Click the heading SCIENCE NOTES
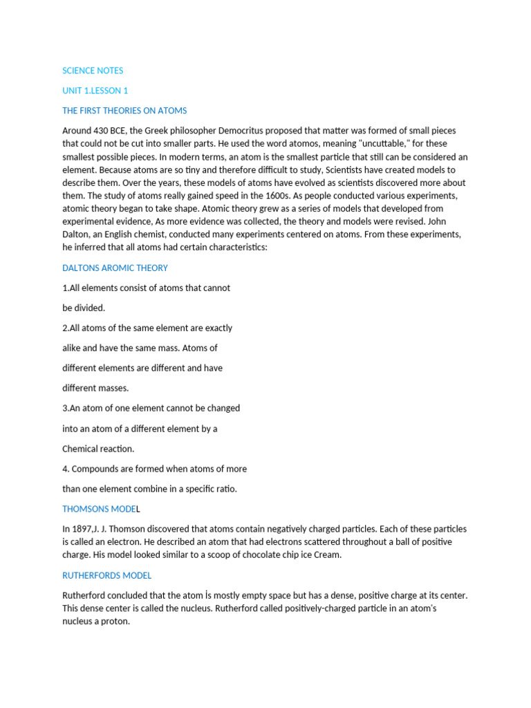93,71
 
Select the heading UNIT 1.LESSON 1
95,91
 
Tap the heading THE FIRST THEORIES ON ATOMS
124,111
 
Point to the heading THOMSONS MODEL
101,509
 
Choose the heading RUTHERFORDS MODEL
107,575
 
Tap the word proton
115,622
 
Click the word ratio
223,489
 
